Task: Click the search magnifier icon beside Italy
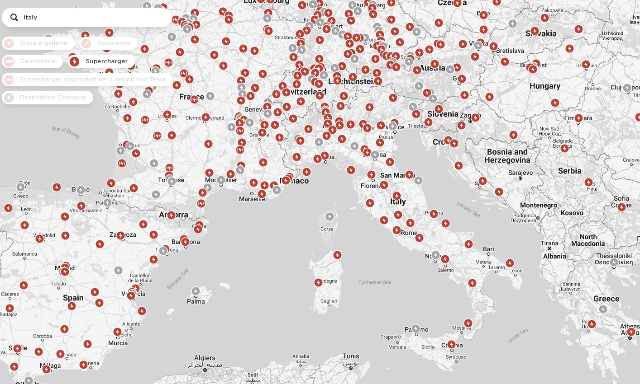(14, 18)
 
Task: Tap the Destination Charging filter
(48, 98)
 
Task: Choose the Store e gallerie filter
(38, 43)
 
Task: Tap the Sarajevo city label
(521, 173)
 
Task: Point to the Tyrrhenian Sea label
(375, 282)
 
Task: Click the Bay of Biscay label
(66, 131)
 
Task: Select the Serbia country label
(569, 171)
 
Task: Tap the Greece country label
(606, 299)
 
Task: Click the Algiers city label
(205, 358)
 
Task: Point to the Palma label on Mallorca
(196, 301)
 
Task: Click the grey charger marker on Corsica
(330, 217)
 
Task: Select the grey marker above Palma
(196, 291)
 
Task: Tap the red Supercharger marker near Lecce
(510, 263)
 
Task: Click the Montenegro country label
(539, 205)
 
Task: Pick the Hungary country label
(545, 86)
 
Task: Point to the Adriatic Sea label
(468, 210)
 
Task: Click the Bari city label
(488, 249)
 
